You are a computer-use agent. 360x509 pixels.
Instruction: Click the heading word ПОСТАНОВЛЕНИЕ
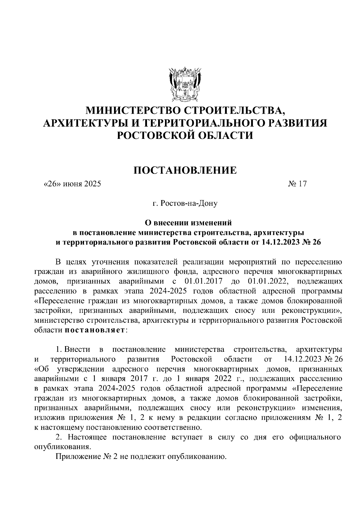click(x=185, y=170)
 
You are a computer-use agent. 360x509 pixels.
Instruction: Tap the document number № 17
click(x=297, y=184)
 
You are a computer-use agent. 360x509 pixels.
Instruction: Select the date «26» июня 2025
click(x=72, y=184)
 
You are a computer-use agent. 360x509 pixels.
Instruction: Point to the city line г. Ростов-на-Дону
click(x=185, y=204)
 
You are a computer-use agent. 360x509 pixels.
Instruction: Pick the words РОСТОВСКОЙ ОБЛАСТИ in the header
click(x=185, y=136)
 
